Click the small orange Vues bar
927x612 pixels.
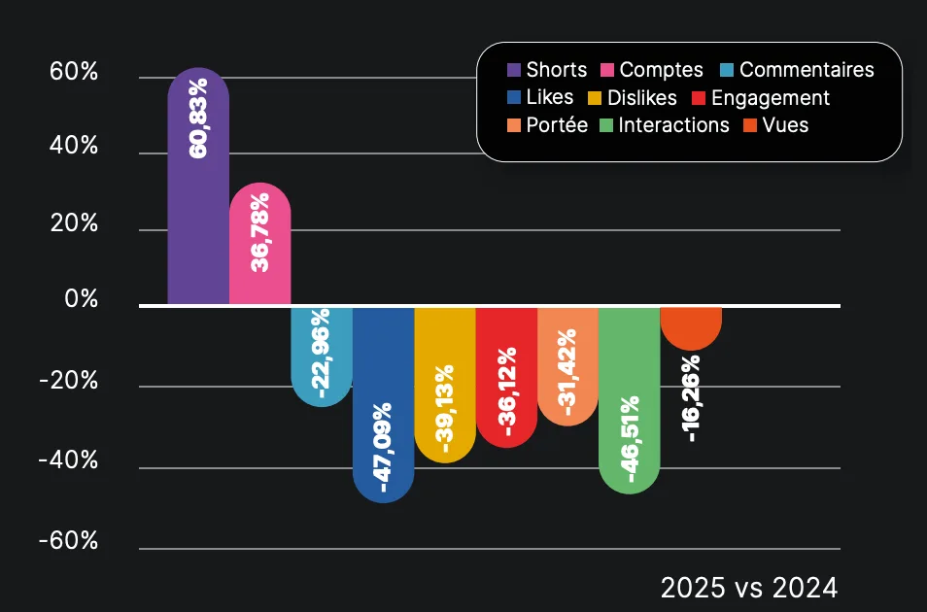point(690,326)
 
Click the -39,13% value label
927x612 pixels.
point(444,408)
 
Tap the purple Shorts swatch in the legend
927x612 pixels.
point(514,70)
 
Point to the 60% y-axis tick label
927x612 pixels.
point(74,73)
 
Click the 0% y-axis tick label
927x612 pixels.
point(82,299)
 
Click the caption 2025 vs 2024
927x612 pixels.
point(748,588)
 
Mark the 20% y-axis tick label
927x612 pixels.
point(74,223)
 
